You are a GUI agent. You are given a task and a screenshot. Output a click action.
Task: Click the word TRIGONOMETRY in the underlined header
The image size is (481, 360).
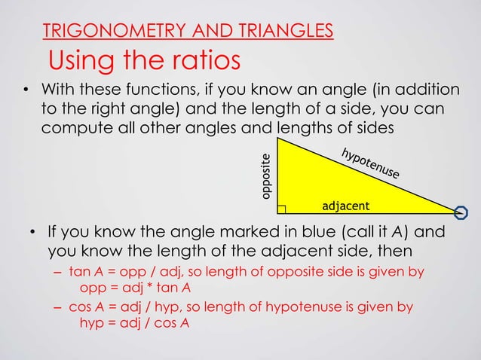[106, 31]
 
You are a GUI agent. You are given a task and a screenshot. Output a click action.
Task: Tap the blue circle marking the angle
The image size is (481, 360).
[461, 211]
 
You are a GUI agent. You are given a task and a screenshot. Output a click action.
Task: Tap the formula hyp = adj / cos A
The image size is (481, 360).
[134, 323]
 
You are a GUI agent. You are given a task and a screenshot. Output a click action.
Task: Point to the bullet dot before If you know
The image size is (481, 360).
[34, 232]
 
